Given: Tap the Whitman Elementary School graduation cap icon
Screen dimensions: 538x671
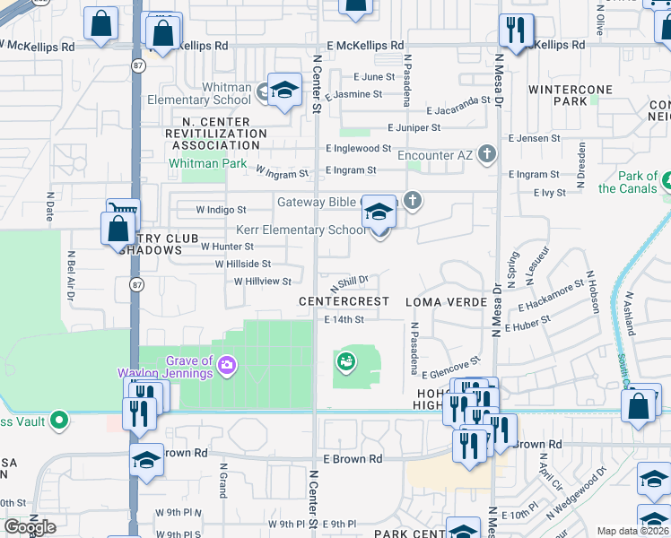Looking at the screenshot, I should click(x=284, y=90).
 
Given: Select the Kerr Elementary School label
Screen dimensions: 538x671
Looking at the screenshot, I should click(x=301, y=230).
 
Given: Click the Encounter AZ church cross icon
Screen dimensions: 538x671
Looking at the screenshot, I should click(x=487, y=154).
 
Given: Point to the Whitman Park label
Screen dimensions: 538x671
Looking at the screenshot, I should click(x=208, y=163).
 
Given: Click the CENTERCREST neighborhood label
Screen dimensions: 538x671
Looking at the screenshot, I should click(x=344, y=302).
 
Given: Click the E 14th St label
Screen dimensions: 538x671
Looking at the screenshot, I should click(x=344, y=319).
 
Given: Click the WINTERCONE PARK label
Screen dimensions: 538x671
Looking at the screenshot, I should click(x=571, y=95).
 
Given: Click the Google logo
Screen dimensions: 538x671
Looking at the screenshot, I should click(x=30, y=527).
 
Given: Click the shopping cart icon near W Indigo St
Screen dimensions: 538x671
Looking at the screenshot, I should click(x=123, y=212).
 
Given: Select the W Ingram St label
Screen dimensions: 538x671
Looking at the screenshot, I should click(x=283, y=170).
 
